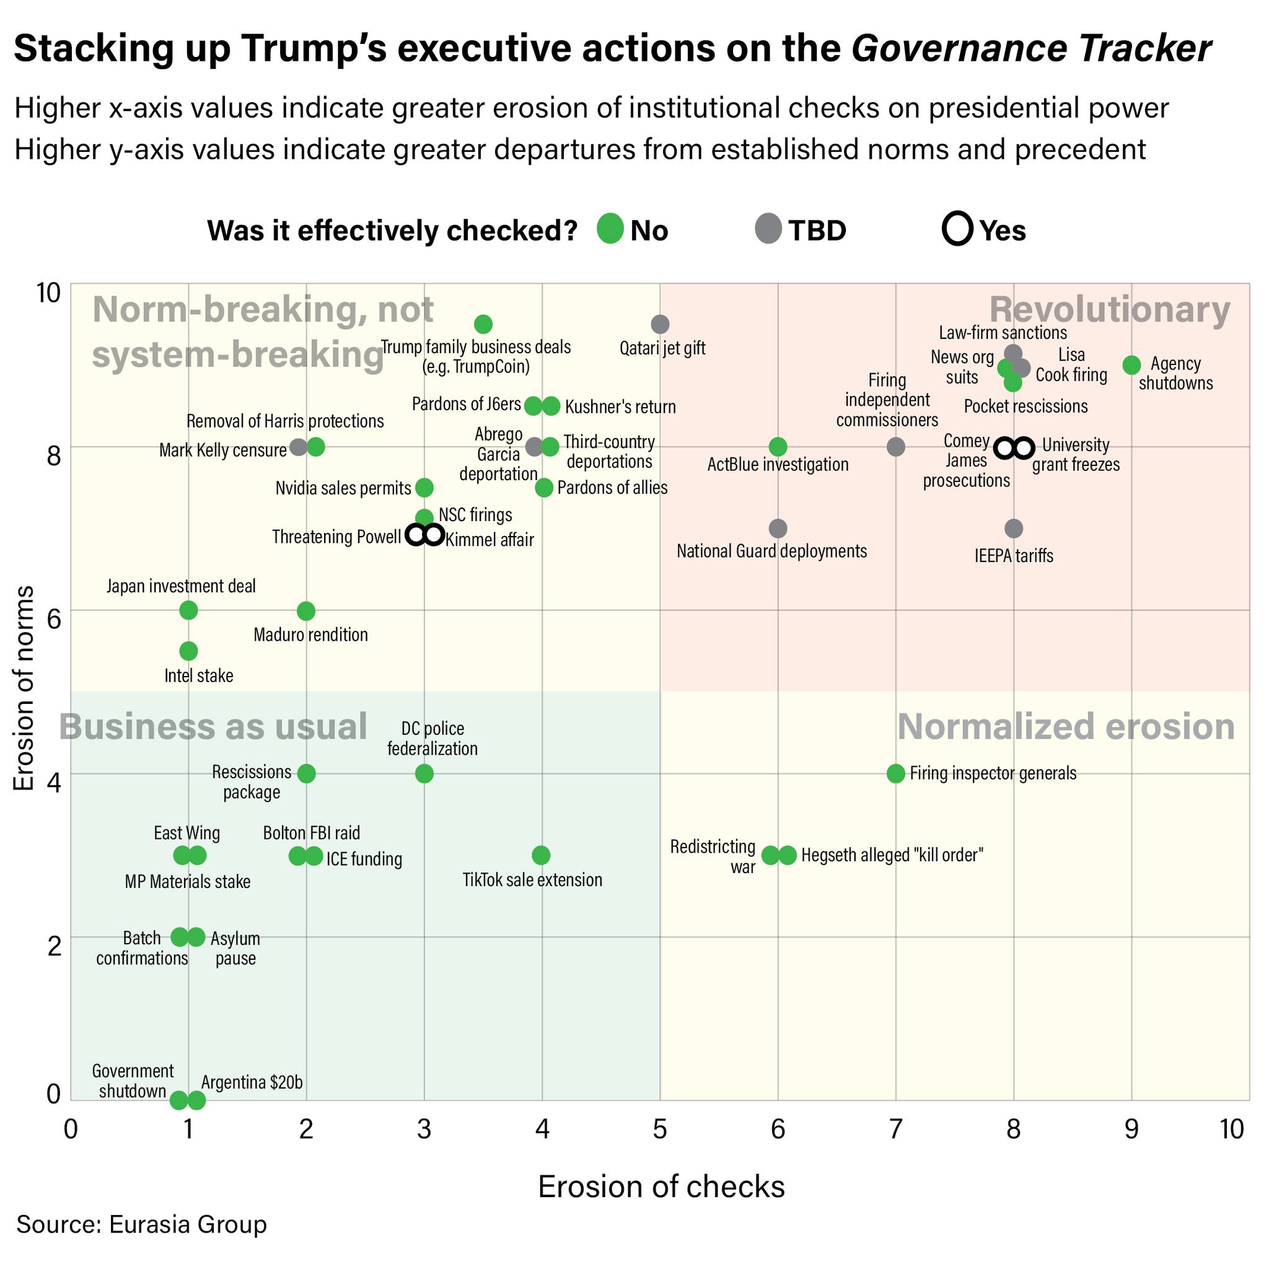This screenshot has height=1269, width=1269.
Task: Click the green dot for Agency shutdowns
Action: coord(1131,365)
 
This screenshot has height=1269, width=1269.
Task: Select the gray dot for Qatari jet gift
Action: coord(660,324)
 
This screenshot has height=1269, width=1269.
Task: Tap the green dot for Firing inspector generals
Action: coord(895,774)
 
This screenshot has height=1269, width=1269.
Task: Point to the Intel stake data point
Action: coord(188,651)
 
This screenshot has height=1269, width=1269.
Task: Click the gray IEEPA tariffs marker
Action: coord(1014,528)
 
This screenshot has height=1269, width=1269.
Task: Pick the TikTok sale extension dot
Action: coord(541,855)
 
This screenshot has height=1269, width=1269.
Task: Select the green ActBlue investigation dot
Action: coord(778,447)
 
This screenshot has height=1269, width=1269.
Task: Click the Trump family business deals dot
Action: coord(483,324)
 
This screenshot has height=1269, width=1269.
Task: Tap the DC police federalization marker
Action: coord(424,774)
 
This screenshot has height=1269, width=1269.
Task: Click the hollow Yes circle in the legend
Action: coord(957,229)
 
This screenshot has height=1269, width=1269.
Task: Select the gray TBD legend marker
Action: coord(768,229)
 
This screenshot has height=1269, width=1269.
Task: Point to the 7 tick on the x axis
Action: coord(895,1129)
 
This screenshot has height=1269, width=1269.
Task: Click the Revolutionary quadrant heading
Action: coord(1109,309)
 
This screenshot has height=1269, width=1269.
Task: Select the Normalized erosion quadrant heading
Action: coord(1066,726)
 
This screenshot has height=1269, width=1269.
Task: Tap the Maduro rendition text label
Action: coord(310,634)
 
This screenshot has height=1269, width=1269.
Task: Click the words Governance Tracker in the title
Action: coord(1031,48)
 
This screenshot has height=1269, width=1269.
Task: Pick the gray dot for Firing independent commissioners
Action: coord(895,447)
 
